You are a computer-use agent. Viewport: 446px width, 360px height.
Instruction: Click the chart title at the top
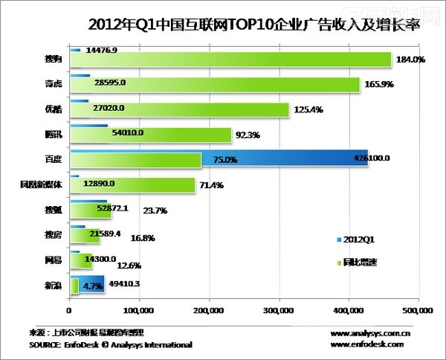pos(223,24)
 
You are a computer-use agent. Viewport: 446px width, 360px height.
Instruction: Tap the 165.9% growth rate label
pos(379,86)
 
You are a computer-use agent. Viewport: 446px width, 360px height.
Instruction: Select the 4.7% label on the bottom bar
pos(93,286)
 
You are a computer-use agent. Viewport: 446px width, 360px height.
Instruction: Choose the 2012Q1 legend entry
pos(360,240)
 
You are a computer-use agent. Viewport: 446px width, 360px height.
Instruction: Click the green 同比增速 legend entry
pos(361,262)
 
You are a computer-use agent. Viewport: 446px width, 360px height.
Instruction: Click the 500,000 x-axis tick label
pos(417,309)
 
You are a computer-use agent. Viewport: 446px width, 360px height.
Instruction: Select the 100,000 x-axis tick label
pos(138,309)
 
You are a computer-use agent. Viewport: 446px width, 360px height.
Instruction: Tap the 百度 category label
pos(53,158)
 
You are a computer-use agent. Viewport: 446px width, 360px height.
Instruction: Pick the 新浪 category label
pos(53,286)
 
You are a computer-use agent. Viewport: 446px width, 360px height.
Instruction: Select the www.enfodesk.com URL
pos(366,344)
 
